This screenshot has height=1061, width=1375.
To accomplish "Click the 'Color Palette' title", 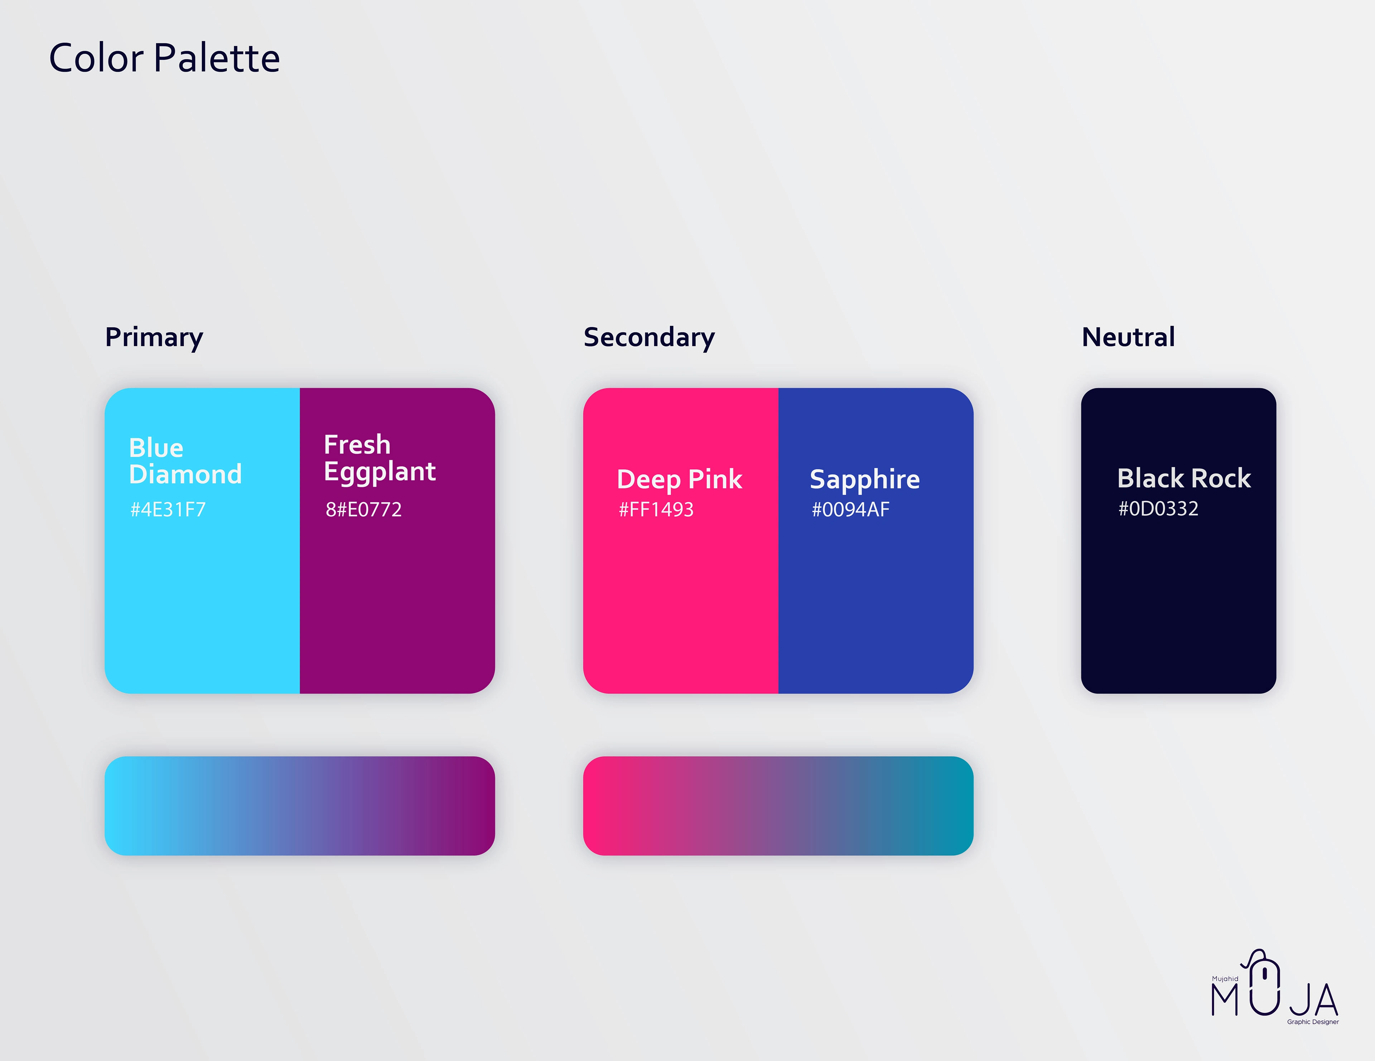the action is (x=164, y=58).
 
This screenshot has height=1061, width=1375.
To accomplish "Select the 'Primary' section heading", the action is (x=154, y=337).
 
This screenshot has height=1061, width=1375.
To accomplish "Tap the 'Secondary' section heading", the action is (x=649, y=337).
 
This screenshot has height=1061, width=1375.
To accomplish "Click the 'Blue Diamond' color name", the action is (x=185, y=461).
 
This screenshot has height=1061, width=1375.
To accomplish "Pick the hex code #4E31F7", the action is (x=168, y=509).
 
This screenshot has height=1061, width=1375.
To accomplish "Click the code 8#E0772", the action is (x=364, y=509).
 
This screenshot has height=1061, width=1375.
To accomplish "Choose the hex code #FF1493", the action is (x=656, y=509).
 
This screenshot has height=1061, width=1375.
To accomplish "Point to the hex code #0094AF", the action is (x=850, y=509).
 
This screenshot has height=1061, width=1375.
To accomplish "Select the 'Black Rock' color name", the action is (x=1183, y=479).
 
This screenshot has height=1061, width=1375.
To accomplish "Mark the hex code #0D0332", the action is (x=1158, y=509).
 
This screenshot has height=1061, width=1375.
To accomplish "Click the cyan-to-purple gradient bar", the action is (x=300, y=806).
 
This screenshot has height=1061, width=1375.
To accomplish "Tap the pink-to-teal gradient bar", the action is (x=778, y=806).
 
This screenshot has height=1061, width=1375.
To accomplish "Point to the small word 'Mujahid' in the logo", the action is (x=1225, y=979).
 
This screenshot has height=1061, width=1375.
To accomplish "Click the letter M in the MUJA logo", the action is (x=1225, y=1000).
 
